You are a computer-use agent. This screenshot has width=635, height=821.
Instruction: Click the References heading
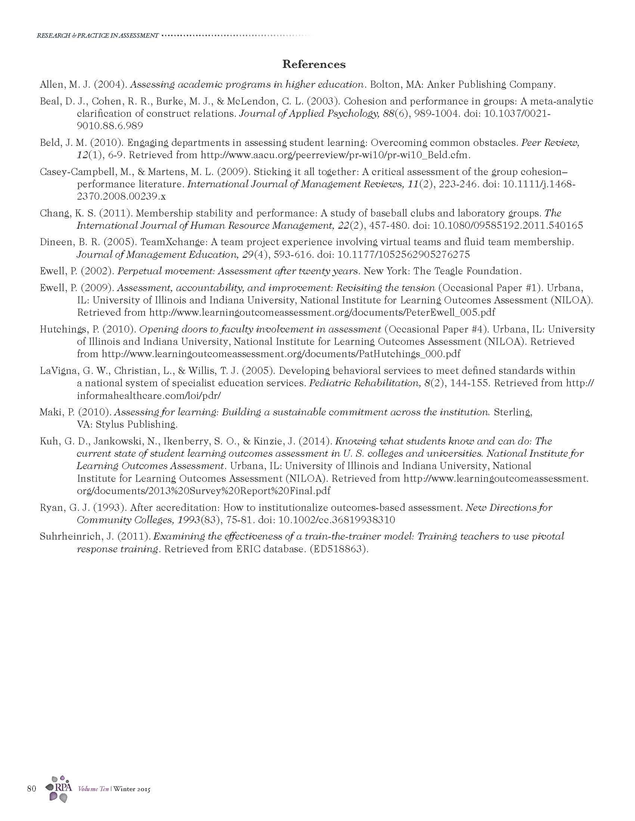(314, 64)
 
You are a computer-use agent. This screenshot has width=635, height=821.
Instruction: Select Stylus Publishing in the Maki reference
(136, 424)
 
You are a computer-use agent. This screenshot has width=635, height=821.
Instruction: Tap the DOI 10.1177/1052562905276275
(404, 255)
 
